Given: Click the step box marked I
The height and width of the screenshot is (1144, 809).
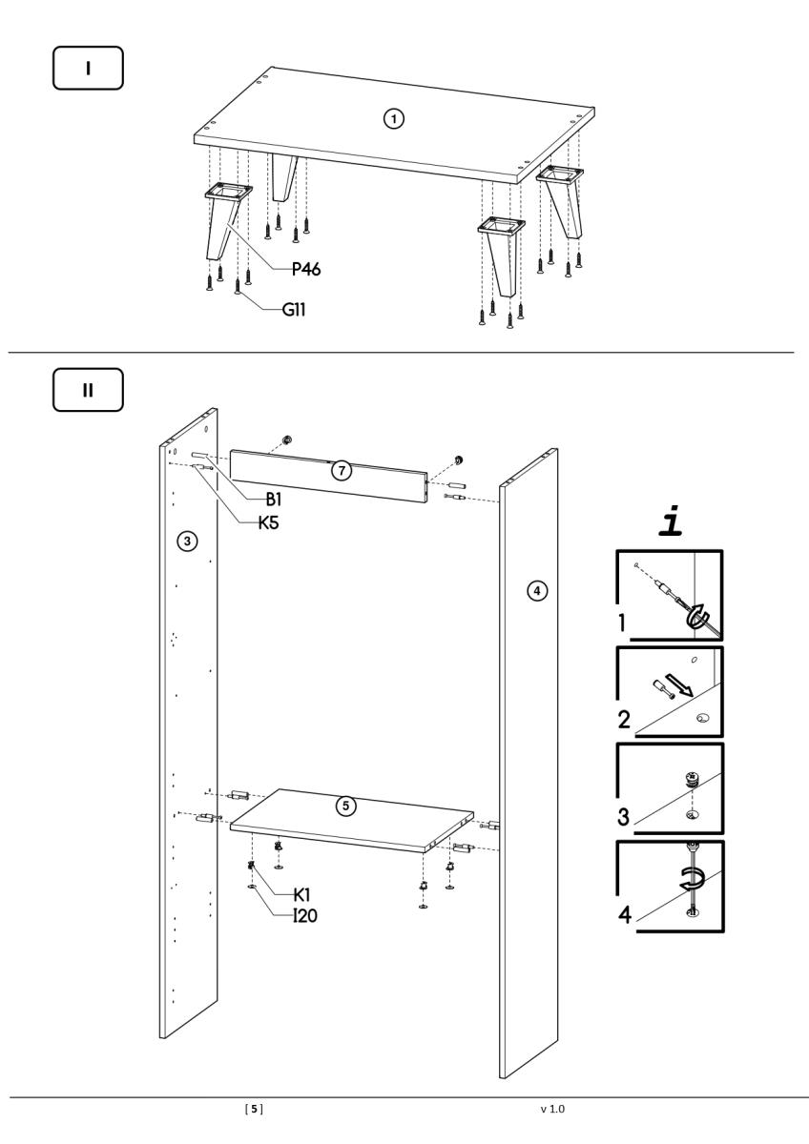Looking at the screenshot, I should click(x=88, y=71).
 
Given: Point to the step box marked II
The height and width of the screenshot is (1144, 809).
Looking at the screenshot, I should click(x=88, y=390).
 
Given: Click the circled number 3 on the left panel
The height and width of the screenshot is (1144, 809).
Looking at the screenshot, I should click(x=189, y=541).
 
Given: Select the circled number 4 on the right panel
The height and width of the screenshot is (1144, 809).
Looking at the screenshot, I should click(x=538, y=591).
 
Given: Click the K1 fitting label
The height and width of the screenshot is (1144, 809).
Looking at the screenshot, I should click(x=304, y=895).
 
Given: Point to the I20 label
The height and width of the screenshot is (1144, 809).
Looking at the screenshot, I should click(x=307, y=916).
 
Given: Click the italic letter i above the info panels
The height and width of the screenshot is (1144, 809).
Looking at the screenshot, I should click(x=669, y=522).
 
